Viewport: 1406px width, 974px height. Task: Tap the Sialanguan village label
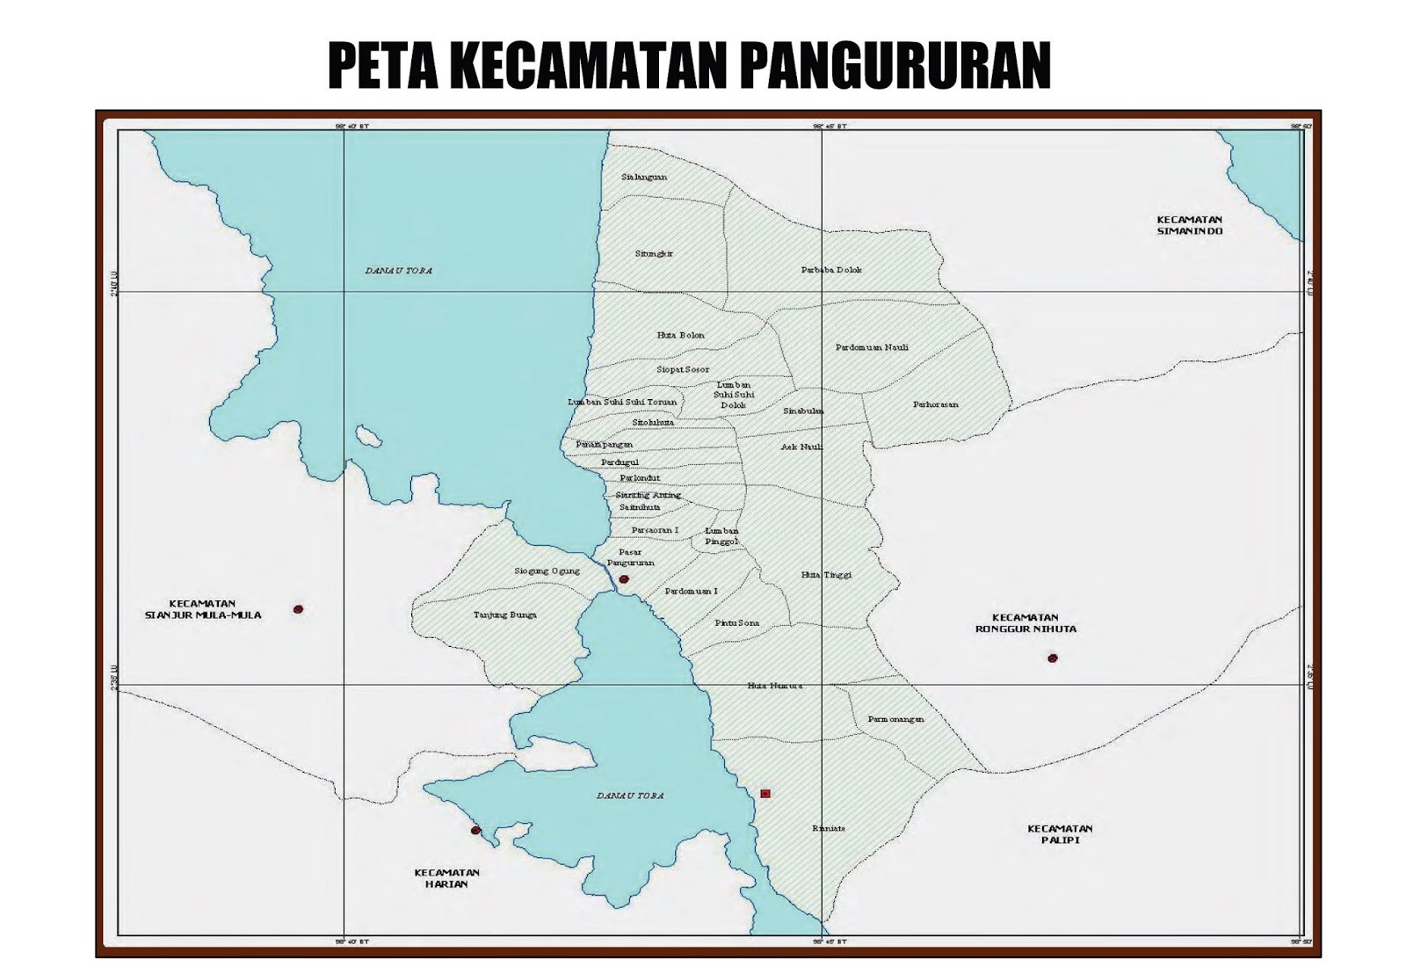click(644, 177)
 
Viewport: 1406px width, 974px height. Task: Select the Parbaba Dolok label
click(831, 270)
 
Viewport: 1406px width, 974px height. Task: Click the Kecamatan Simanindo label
click(1189, 225)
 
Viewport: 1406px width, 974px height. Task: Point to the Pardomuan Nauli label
click(872, 347)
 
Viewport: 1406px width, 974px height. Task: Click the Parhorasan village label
click(935, 404)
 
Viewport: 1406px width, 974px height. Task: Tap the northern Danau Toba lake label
click(399, 271)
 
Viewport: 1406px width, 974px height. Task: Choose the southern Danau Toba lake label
click(630, 796)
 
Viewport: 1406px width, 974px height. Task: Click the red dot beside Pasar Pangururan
click(624, 579)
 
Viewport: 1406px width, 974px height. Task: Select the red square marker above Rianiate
click(765, 794)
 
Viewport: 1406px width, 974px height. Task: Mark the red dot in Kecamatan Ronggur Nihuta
click(1052, 658)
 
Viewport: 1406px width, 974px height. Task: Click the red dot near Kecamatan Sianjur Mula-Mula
click(298, 609)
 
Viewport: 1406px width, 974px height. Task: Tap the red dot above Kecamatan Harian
click(475, 830)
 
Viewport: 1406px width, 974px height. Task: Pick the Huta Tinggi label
click(826, 575)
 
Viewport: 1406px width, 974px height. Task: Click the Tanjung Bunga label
click(504, 615)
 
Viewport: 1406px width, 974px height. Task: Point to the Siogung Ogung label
click(547, 571)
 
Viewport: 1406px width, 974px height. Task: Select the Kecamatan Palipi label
click(1060, 834)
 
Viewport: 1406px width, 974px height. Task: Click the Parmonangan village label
click(895, 719)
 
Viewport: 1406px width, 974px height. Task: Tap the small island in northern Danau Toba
click(368, 437)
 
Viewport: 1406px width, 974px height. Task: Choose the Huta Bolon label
click(680, 335)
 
